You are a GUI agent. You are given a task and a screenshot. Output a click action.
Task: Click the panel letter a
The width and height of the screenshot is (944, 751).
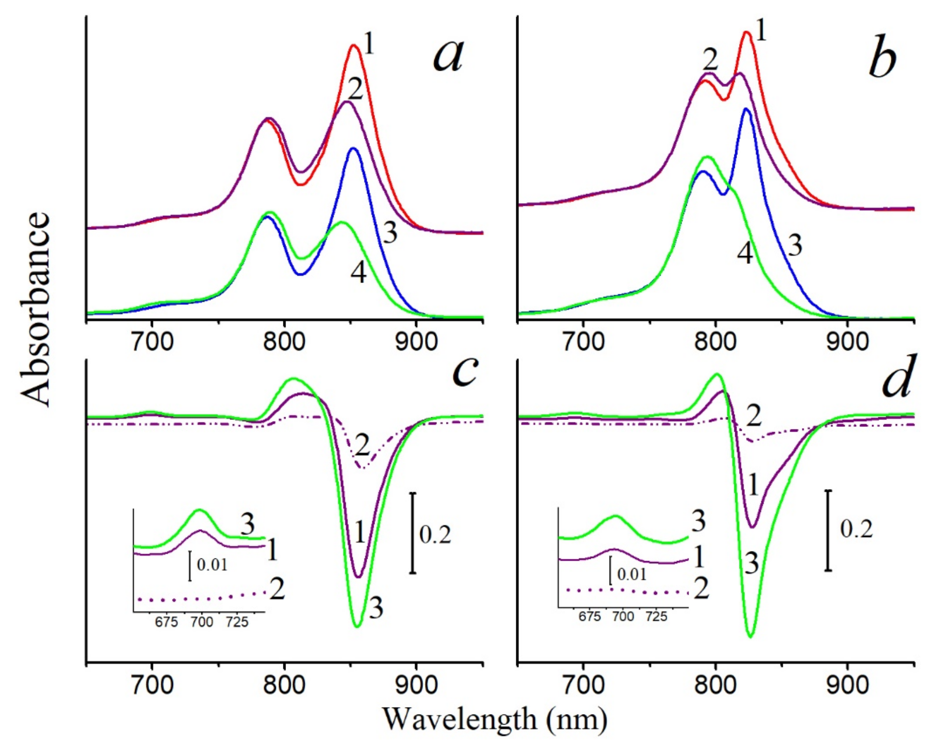(448, 57)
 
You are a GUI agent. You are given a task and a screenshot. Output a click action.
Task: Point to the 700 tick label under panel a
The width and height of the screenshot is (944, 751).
(152, 343)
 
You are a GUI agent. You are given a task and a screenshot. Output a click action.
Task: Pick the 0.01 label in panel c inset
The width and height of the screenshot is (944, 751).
(212, 565)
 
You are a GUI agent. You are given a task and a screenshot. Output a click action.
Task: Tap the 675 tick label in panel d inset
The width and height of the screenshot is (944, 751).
(589, 616)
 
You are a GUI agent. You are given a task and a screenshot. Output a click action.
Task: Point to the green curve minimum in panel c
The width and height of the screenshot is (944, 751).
(358, 626)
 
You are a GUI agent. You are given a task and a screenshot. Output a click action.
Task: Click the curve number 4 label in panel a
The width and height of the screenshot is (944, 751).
(358, 274)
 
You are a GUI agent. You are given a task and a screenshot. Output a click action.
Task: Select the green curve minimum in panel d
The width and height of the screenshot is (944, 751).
(751, 637)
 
